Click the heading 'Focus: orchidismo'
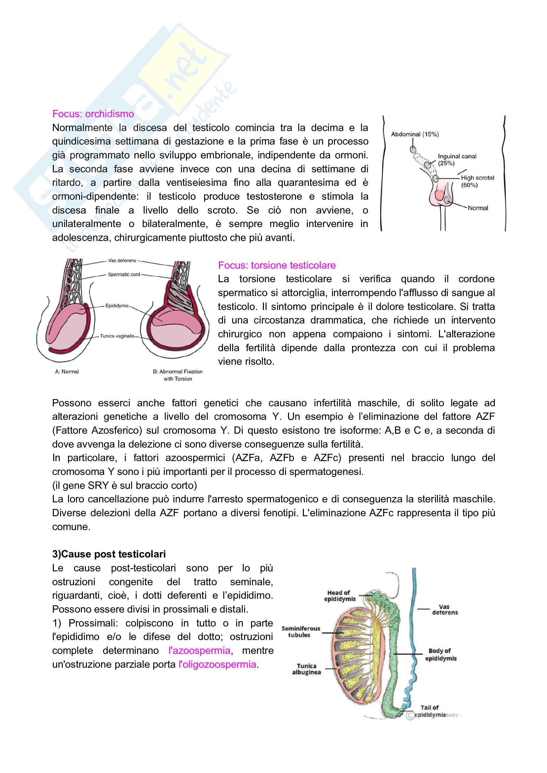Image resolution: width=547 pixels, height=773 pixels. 93,114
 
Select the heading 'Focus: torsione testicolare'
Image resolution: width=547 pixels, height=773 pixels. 276,265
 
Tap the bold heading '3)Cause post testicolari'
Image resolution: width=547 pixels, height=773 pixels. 109,554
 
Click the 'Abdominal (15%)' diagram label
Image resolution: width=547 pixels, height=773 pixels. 415,134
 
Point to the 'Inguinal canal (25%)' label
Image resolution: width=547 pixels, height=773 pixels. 457,159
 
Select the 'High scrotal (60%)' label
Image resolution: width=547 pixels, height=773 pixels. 477,181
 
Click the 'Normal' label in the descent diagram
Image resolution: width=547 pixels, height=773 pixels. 478,208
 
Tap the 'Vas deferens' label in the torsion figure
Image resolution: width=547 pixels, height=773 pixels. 122,261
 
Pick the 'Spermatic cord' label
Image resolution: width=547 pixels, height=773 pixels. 124,274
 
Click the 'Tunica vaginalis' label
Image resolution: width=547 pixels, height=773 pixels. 117,336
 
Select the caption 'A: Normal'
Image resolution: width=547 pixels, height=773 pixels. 67,372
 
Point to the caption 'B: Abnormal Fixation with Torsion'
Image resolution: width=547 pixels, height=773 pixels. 178,375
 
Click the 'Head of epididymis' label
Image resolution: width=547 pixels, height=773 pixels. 340,595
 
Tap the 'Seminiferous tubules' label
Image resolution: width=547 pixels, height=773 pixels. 301,632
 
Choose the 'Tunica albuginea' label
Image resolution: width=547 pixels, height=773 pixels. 306,669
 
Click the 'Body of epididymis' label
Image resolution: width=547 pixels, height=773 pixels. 441,655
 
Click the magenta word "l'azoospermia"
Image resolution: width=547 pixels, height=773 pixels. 199,651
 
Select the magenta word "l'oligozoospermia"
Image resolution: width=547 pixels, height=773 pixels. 217,664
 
